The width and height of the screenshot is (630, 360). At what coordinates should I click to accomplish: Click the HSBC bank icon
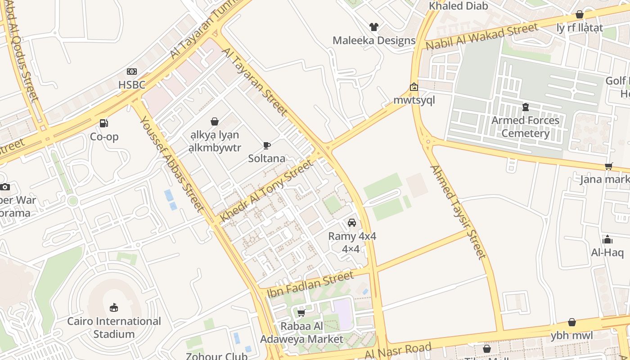click(x=131, y=72)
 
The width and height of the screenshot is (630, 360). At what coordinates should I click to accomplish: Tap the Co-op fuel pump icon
click(x=104, y=123)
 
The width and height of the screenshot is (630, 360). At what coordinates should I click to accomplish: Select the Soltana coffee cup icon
click(x=267, y=145)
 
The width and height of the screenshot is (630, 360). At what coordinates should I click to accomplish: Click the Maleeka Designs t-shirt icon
click(x=374, y=27)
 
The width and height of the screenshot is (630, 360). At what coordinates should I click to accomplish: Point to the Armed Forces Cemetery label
click(x=525, y=127)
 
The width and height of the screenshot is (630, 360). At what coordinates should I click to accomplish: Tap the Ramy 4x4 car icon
click(x=352, y=223)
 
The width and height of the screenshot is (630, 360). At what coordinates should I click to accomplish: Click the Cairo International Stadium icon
click(x=114, y=308)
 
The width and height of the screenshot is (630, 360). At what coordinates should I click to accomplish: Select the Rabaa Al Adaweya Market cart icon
click(x=301, y=313)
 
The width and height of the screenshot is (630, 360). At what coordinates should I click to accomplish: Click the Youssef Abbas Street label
click(x=172, y=163)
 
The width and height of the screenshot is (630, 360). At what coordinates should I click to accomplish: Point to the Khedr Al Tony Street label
click(x=266, y=191)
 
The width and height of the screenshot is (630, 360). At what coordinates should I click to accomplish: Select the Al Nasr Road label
click(x=398, y=351)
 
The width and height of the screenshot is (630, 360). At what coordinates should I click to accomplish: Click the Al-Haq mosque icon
click(x=607, y=239)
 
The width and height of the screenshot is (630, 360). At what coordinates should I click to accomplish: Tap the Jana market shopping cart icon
click(x=609, y=166)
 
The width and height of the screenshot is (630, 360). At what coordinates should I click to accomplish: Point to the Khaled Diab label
click(x=458, y=6)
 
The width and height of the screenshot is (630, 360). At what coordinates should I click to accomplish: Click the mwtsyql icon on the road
click(x=414, y=87)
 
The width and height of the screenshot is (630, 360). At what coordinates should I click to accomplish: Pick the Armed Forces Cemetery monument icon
click(x=525, y=107)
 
